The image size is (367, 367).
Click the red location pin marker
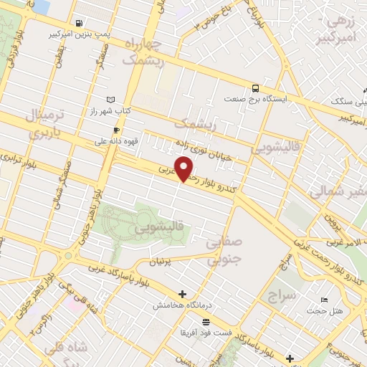coord(185,168)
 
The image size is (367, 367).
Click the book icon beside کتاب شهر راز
coord(110,100)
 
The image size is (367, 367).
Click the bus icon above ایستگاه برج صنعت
coord(255,87)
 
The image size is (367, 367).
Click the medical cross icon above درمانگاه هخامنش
coord(183,293)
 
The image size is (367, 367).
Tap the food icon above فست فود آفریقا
coord(206,322)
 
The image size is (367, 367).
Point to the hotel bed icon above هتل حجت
coord(325,300)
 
